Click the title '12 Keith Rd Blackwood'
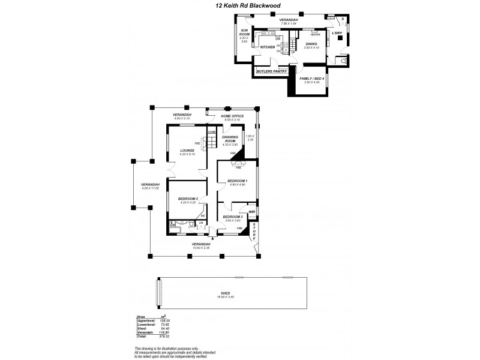pyautogui.click(x=240, y=6)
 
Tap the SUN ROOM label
pyautogui.click(x=244, y=32)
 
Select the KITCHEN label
pyautogui.click(x=268, y=47)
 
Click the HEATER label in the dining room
pyautogui.click(x=316, y=34)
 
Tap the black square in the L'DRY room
pyautogui.click(x=340, y=37)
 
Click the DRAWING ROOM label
pyautogui.click(x=230, y=139)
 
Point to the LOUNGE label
pyautogui.click(x=187, y=151)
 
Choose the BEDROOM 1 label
pyautogui.click(x=238, y=181)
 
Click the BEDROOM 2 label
pyautogui.click(x=187, y=199)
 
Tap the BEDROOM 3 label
pyautogui.click(x=232, y=217)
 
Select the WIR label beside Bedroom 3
pyautogui.click(x=252, y=211)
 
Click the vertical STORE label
pyautogui.click(x=254, y=231)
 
